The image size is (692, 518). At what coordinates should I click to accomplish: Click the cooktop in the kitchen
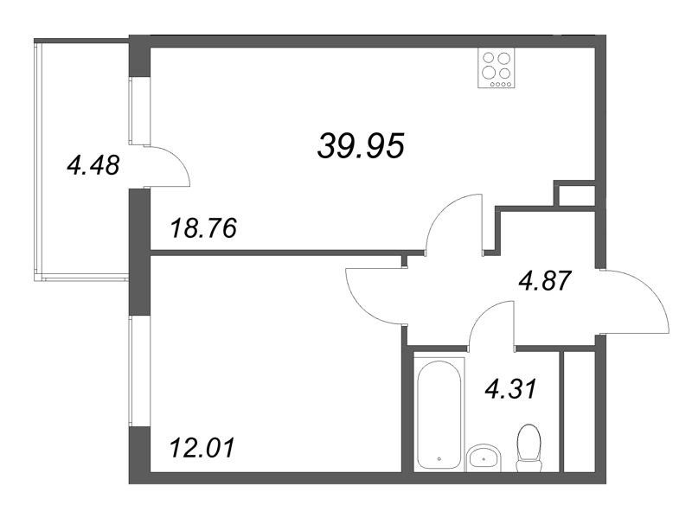[x=497, y=67]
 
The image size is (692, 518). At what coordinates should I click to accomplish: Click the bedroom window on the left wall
[x=132, y=372]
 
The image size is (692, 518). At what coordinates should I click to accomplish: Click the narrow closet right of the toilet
[x=578, y=411]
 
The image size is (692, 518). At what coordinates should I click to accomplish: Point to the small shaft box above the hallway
[x=573, y=194]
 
